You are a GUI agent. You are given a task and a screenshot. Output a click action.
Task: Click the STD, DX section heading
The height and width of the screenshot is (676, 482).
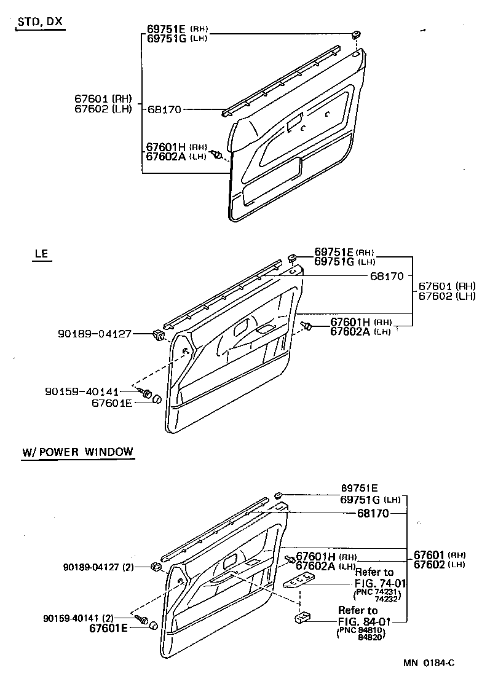(x=40, y=22)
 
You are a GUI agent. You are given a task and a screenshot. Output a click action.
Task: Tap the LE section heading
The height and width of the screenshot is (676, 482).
(x=40, y=253)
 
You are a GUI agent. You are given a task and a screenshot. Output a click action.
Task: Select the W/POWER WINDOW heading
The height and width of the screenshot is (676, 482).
(x=77, y=452)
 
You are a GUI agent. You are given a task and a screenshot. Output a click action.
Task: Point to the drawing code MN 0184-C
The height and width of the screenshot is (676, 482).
(x=429, y=662)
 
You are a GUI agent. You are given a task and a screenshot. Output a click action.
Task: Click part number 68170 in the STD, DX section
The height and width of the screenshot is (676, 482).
(x=164, y=109)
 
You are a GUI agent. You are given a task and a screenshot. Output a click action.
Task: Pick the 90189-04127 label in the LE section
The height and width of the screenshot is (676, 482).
(x=95, y=334)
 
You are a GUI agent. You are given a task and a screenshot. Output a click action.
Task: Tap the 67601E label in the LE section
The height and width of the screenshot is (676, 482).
(x=112, y=403)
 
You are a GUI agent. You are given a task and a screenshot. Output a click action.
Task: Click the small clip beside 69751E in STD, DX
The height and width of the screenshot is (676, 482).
(x=356, y=34)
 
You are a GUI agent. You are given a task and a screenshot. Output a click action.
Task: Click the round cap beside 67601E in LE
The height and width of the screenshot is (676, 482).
(x=156, y=399)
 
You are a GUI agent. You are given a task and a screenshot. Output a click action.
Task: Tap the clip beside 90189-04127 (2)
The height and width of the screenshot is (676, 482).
(x=155, y=566)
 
